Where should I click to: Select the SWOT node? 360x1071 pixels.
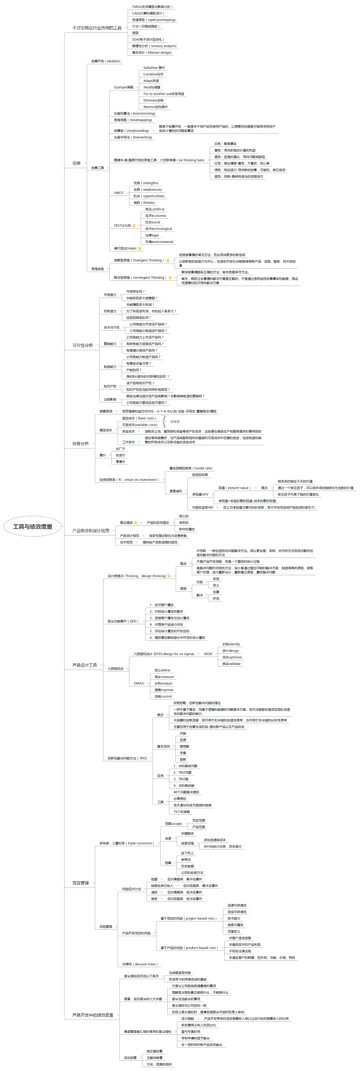(118, 193)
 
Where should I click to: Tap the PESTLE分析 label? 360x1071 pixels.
(122, 225)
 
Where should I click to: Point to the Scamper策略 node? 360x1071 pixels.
(124, 87)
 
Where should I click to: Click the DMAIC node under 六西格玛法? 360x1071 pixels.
(139, 683)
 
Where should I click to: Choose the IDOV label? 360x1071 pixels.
(208, 654)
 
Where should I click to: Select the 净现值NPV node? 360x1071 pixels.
(200, 494)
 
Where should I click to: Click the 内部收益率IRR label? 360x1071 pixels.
(202, 507)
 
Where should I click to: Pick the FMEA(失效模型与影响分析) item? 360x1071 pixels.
(152, 7)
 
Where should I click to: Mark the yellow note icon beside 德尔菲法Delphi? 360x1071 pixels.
(140, 248)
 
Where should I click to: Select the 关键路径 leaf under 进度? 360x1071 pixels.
(187, 833)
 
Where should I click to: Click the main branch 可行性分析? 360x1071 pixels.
(82, 345)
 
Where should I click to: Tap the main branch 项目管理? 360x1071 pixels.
(80, 883)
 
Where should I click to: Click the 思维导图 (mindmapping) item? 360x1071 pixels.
(133, 120)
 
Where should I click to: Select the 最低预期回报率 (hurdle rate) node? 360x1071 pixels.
(191, 468)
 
